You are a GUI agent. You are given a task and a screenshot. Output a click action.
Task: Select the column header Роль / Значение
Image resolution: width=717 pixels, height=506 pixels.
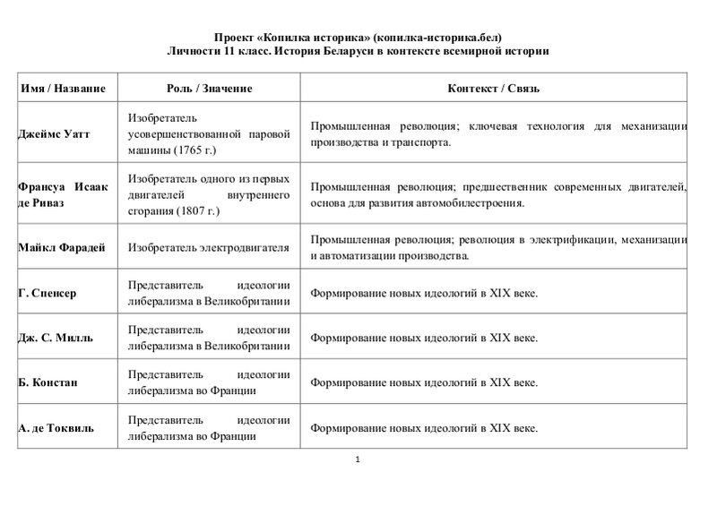click(210, 90)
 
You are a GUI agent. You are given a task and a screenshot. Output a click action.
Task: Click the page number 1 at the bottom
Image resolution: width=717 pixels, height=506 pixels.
click(357, 460)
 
